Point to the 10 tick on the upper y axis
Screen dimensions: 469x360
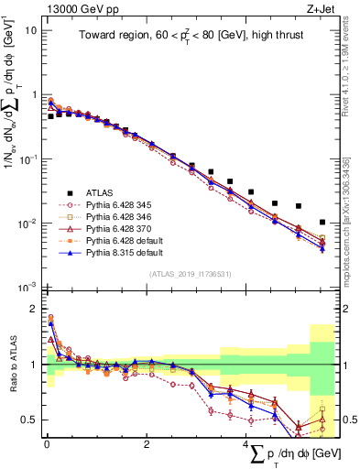[x=30, y=30]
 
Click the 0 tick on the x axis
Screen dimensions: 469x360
[x=46, y=443]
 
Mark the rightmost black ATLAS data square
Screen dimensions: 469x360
[x=322, y=223]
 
